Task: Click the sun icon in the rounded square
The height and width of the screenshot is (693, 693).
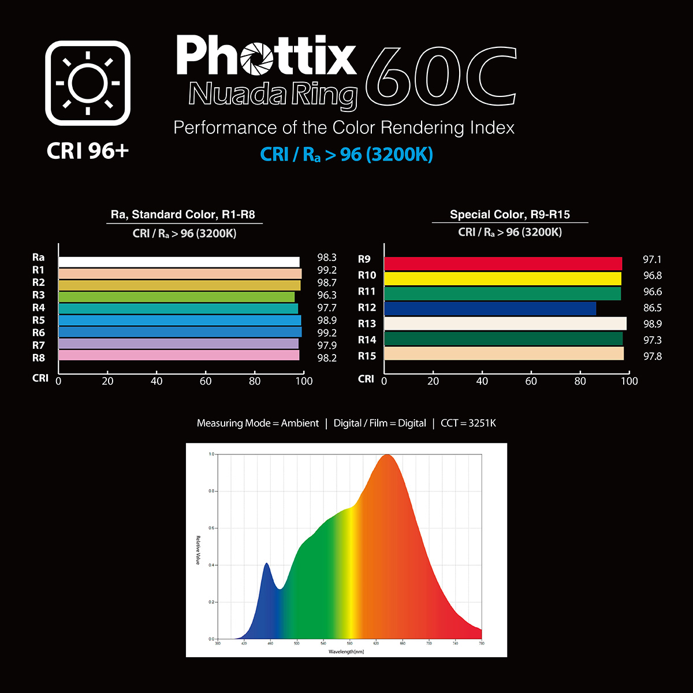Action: (x=88, y=83)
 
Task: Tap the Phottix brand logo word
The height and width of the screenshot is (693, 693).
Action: (x=266, y=56)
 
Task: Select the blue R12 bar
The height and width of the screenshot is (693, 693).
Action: (x=490, y=308)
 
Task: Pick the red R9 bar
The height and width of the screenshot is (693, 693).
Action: (x=503, y=264)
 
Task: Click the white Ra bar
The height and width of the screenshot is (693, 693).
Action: (x=179, y=262)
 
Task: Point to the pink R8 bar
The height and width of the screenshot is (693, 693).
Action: (x=179, y=356)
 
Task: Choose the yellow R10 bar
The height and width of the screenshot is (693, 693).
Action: (x=502, y=278)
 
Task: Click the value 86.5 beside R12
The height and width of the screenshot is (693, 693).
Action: (x=653, y=308)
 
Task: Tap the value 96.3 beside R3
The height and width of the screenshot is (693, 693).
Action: (x=327, y=295)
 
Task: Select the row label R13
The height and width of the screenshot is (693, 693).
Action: (x=367, y=323)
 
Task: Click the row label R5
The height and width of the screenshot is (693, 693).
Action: (x=39, y=320)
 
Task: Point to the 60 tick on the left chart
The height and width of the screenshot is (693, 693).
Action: (x=206, y=381)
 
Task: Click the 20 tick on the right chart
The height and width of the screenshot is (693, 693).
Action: (x=433, y=381)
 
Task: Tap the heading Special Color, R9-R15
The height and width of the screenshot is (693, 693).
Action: (x=510, y=215)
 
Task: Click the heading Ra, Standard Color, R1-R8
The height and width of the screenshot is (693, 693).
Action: (x=182, y=215)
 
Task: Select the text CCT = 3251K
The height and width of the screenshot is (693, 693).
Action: (x=468, y=423)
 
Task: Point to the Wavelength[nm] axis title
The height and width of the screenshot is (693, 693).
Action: (x=346, y=651)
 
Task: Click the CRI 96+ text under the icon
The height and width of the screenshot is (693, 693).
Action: (x=88, y=151)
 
